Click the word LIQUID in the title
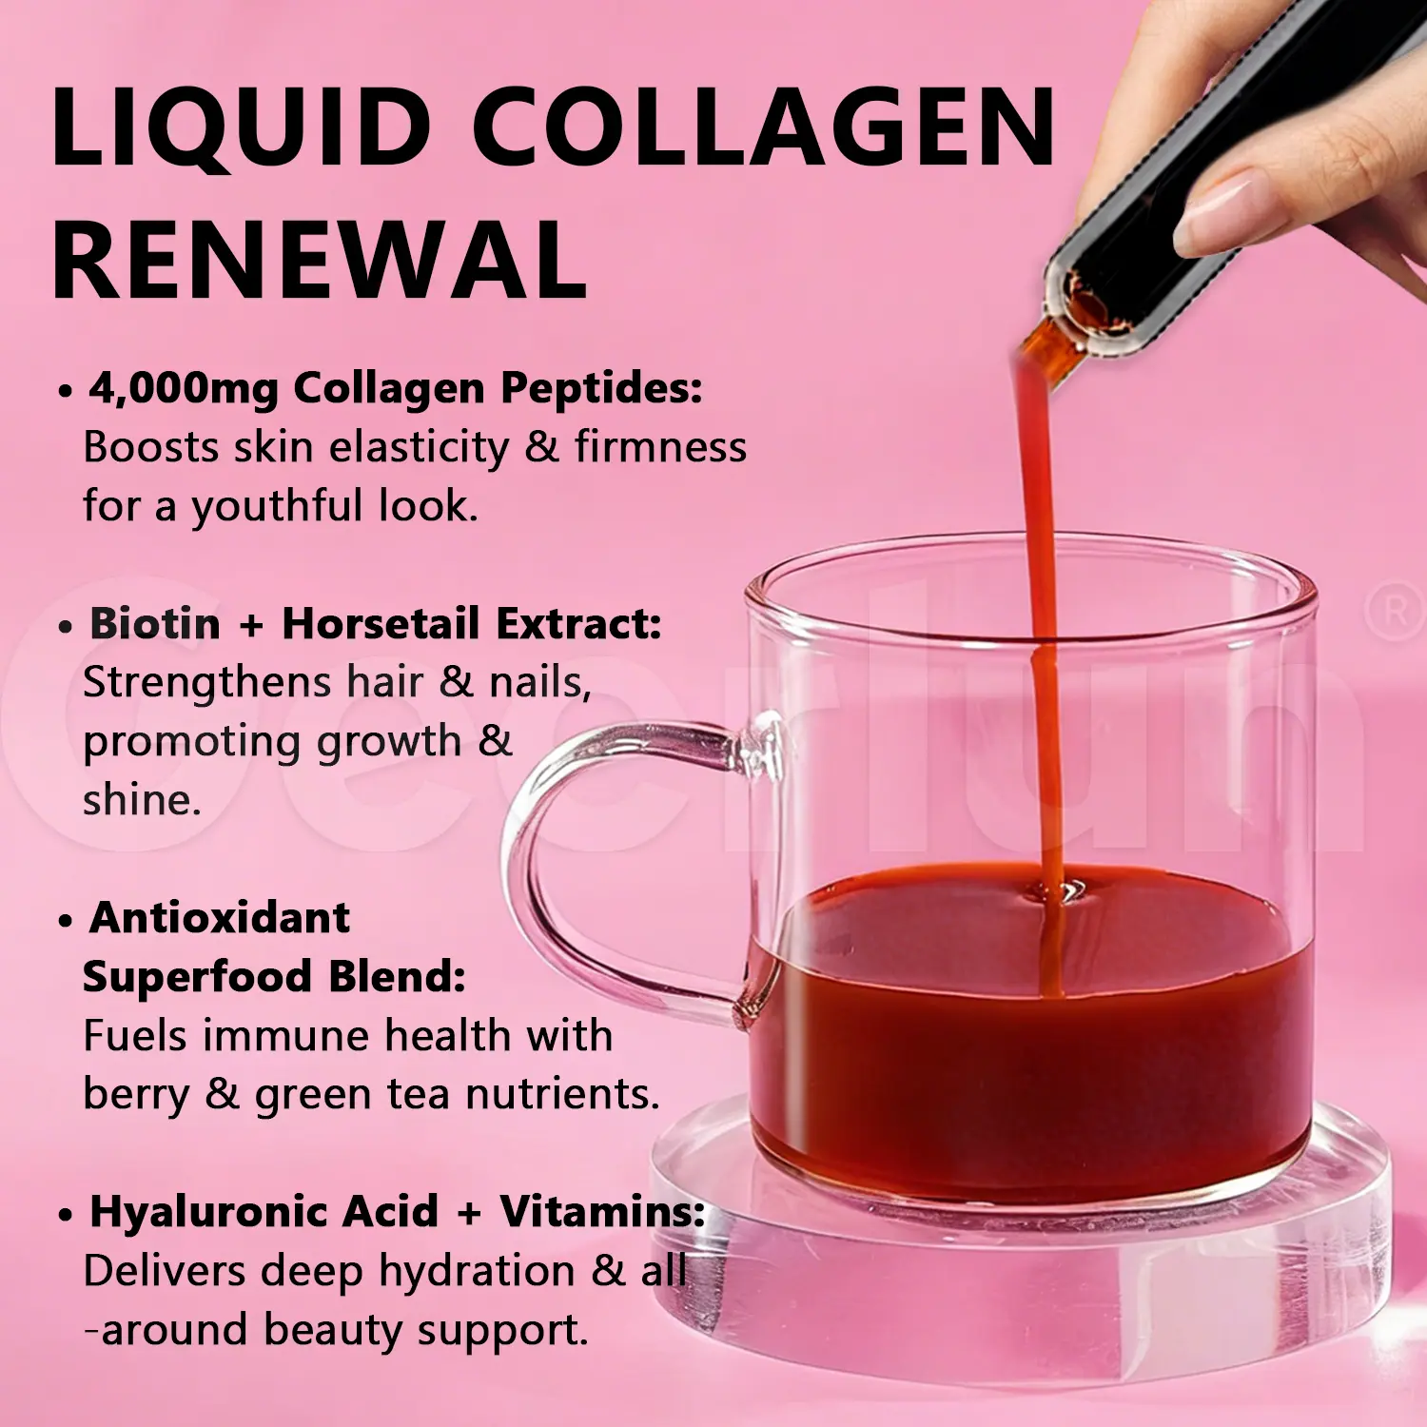click(242, 127)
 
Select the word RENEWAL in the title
click(319, 260)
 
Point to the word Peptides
click(601, 388)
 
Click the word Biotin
click(155, 624)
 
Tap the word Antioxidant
click(220, 918)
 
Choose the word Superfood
click(197, 977)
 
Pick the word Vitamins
click(602, 1212)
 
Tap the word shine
click(142, 800)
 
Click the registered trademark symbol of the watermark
click(1395, 613)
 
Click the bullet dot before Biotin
click(65, 627)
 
